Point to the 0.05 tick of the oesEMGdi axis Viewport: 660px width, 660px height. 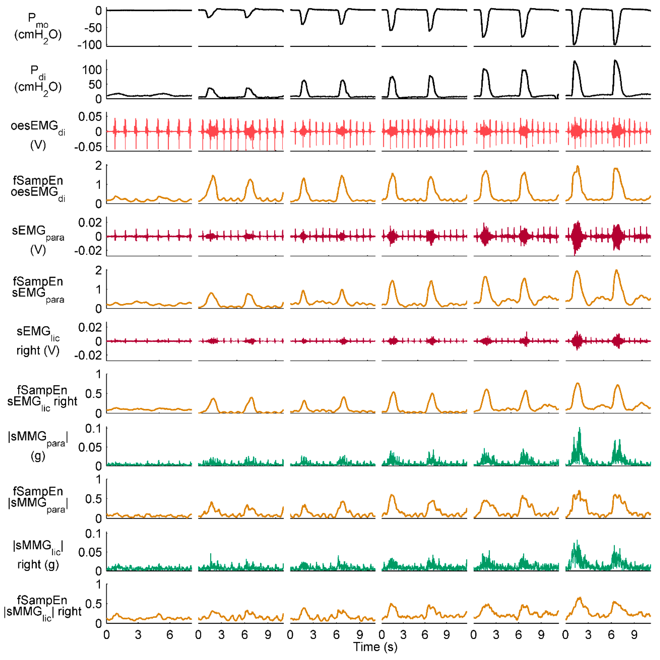click(90, 117)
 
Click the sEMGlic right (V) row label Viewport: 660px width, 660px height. click(38, 341)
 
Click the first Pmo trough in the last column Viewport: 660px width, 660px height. click(575, 44)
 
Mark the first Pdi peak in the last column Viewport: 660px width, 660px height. click(575, 62)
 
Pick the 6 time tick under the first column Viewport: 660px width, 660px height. click(169, 635)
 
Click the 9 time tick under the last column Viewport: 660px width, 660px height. click(634, 635)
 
